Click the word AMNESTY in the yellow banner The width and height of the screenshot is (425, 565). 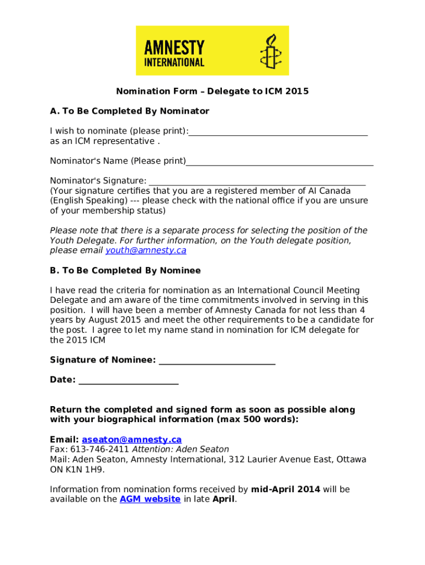[x=174, y=47]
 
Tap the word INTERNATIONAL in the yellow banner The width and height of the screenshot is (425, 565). [x=174, y=62]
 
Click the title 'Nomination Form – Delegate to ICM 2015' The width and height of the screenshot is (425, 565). [x=212, y=92]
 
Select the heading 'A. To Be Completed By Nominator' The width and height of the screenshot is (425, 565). [x=130, y=111]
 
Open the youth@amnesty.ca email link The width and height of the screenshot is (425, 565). [x=146, y=250]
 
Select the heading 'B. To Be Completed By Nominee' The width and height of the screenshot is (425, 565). [x=125, y=271]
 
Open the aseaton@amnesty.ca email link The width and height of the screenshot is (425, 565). [x=131, y=440]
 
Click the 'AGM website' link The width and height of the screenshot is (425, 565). [x=150, y=499]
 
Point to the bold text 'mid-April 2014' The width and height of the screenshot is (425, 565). [x=285, y=489]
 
